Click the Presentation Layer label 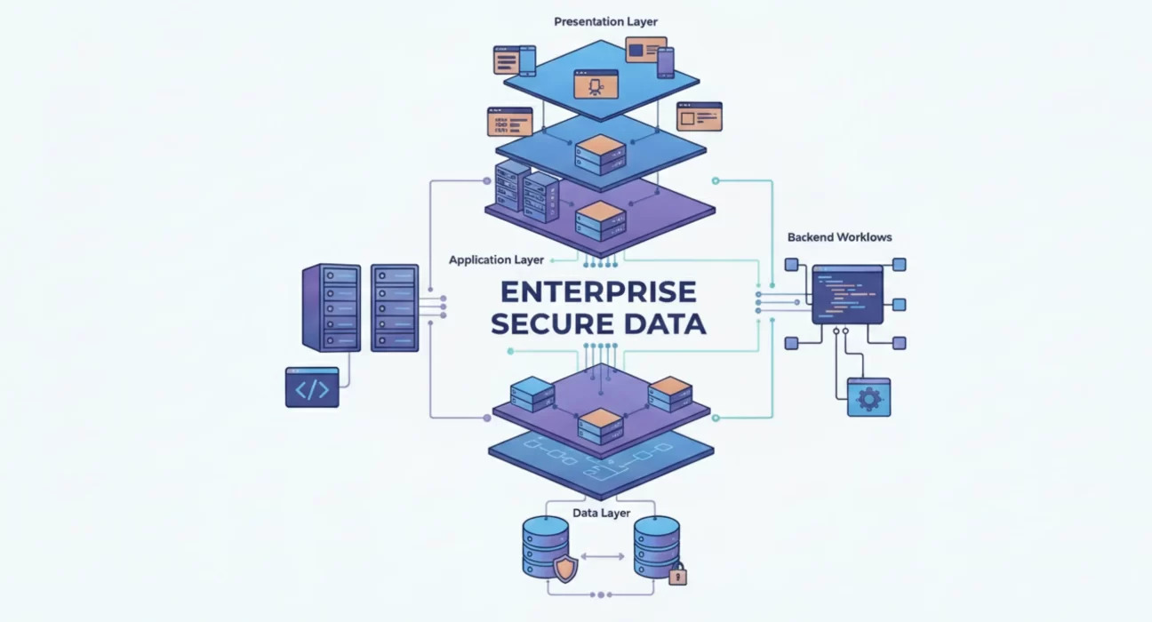coord(605,21)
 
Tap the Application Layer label coord(496,260)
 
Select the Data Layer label coord(601,513)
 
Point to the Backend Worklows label coord(839,237)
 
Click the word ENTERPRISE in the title coord(598,291)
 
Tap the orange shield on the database coord(565,568)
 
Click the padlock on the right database coord(677,574)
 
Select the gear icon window coord(868,397)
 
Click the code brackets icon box coord(312,387)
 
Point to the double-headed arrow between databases coord(603,556)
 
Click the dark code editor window coord(847,294)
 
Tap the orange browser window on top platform coord(596,84)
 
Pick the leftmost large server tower coord(332,307)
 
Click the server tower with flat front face coord(395,308)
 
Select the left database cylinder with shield coord(546,547)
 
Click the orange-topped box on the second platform coord(600,155)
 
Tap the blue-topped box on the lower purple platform coord(532,394)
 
